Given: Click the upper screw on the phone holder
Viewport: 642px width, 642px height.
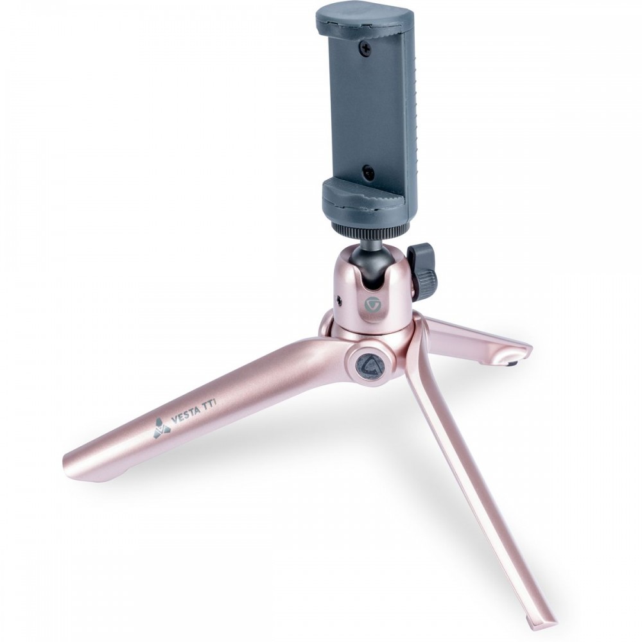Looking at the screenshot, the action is (366, 49).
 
